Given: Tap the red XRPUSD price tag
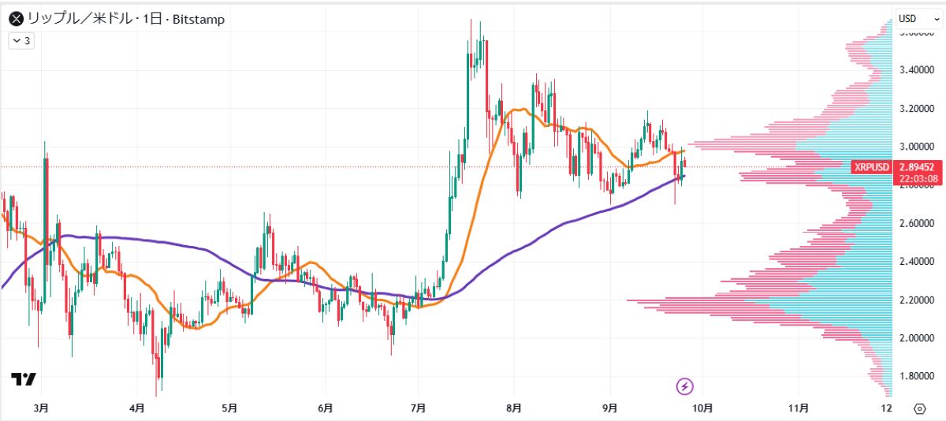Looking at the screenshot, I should [x=871, y=167].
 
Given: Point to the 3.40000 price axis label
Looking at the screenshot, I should [x=917, y=70].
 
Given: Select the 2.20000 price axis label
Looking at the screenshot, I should [x=917, y=300].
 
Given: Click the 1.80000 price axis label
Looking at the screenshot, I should [x=917, y=376].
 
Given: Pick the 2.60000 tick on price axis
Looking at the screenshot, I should [x=917, y=224].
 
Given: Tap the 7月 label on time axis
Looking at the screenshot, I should [x=419, y=408].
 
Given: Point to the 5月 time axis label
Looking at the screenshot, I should [x=229, y=408].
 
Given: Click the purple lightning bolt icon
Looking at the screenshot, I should [x=685, y=386].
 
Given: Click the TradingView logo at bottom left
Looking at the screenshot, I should [x=24, y=379].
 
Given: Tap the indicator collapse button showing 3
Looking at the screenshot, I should [x=21, y=40].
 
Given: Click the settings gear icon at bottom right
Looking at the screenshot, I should [x=919, y=408].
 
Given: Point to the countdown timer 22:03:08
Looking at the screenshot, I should [x=918, y=178].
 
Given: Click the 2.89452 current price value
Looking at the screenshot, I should [x=918, y=167].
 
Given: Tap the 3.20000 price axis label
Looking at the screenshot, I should [x=917, y=109].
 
